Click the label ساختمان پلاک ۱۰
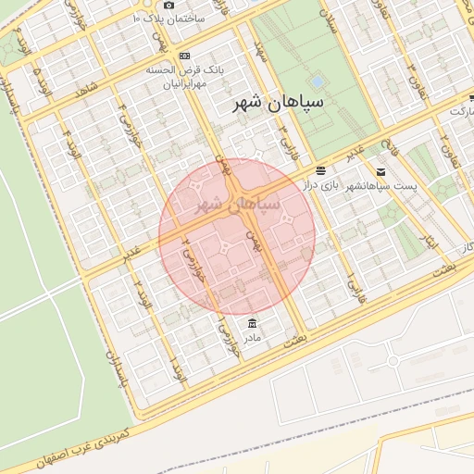[181, 19]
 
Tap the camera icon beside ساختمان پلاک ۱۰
[168, 6]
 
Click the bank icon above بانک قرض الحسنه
[183, 56]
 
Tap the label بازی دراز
[318, 186]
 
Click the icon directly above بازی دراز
[320, 170]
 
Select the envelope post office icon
[380, 172]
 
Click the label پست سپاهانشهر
[381, 187]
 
